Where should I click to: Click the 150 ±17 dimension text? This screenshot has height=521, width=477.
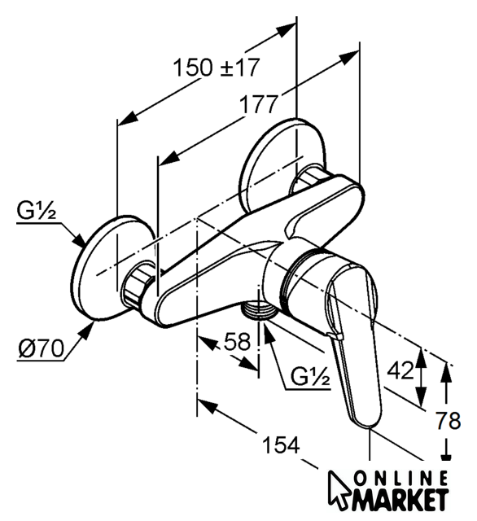216,68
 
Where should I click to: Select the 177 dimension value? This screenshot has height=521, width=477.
258,104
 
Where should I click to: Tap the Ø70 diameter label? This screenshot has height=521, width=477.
41,349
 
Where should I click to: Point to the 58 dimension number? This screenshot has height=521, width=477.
237,342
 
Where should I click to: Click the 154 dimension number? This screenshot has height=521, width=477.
281,445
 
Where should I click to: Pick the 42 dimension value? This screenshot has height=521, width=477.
401,370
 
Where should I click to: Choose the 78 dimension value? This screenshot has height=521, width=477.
449,420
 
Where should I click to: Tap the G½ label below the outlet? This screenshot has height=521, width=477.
311,376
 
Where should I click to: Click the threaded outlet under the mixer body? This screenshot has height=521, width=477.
260,310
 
